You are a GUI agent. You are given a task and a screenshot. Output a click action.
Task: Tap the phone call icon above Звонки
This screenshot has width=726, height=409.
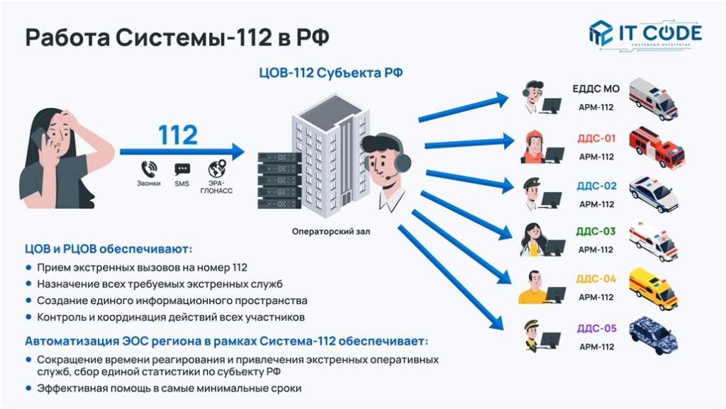click(149, 169)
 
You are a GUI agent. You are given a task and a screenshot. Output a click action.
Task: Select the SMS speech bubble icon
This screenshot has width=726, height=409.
click(182, 169)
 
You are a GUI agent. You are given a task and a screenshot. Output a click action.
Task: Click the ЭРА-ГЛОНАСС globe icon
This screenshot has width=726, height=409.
click(217, 169)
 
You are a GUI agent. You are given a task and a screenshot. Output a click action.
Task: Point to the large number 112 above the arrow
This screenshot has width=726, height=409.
click(177, 135)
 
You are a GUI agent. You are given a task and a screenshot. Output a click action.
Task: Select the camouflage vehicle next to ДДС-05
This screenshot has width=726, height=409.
click(653, 334)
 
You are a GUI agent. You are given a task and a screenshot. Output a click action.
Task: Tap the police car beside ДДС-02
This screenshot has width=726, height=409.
click(653, 194)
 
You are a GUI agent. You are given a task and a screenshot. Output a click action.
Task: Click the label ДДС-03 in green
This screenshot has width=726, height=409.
click(596, 231)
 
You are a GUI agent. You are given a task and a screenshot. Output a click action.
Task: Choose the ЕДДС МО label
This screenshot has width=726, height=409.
click(596, 89)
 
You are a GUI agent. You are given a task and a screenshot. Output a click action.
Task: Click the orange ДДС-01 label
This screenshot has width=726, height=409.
click(596, 138)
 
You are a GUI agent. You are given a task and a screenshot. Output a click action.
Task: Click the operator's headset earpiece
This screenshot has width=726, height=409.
click(402, 163)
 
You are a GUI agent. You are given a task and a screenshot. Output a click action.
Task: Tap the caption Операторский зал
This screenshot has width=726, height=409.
click(331, 231)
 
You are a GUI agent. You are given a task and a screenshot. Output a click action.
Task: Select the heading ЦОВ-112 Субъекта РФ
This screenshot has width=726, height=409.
click(331, 72)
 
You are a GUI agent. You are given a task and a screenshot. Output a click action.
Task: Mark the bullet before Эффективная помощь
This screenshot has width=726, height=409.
click(28, 388)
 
